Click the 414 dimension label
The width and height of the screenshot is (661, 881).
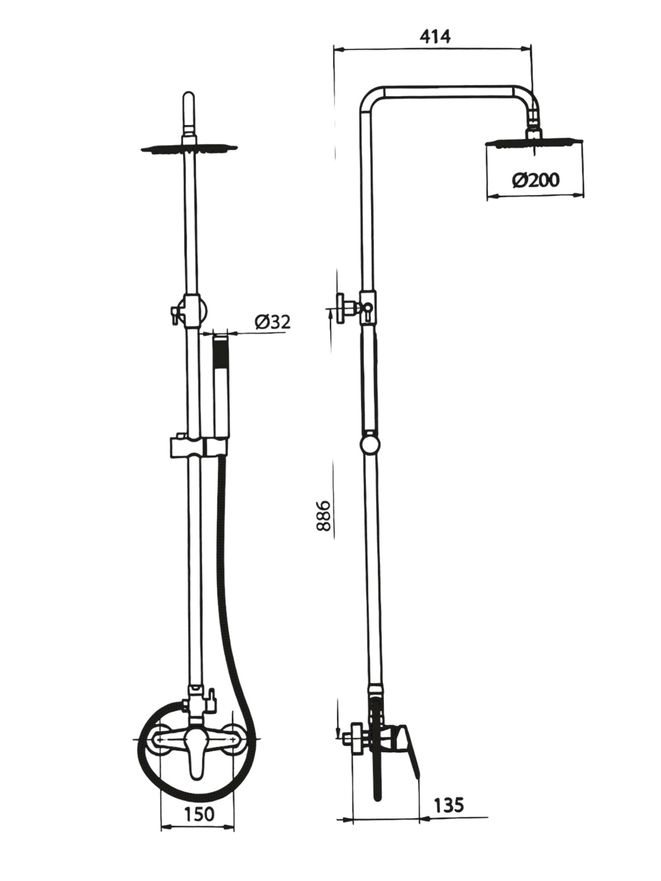pos(435,37)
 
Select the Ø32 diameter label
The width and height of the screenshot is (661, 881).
pos(272,322)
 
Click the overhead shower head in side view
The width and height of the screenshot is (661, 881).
pos(534,143)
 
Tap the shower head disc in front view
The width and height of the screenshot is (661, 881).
pos(189,148)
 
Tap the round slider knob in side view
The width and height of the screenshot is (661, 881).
pos(369,443)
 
